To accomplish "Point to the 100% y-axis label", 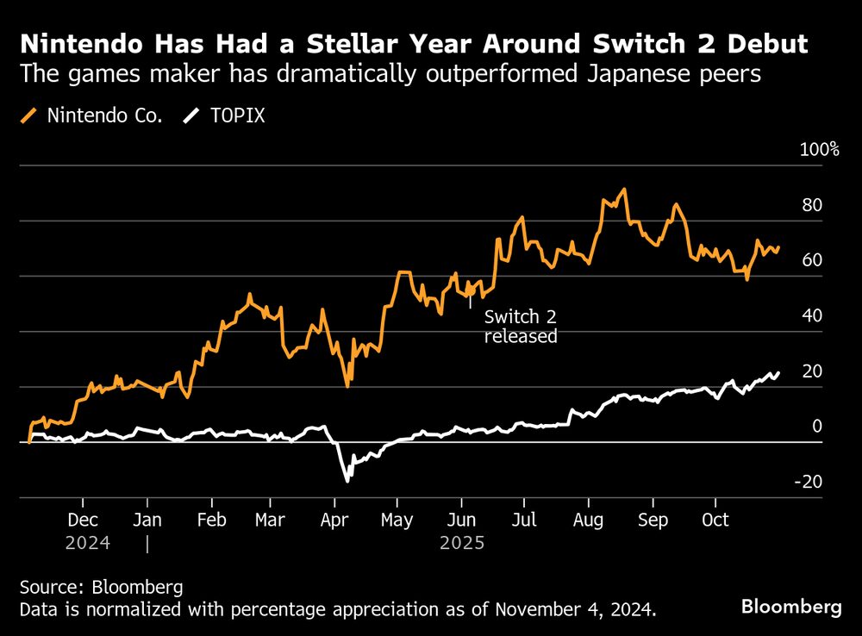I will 819,150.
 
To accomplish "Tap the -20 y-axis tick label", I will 810,482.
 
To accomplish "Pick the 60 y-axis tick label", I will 811,260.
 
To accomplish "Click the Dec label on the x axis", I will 84,521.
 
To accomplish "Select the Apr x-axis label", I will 334,521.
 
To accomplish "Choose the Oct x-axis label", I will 715,521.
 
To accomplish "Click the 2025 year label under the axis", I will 462,544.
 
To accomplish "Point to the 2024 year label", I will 87,544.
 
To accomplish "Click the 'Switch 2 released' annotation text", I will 521,327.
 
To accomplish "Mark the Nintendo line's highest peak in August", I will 623,190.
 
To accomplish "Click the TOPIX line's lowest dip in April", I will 347,480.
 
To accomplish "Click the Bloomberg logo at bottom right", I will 791,607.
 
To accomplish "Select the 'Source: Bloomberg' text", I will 102,588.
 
